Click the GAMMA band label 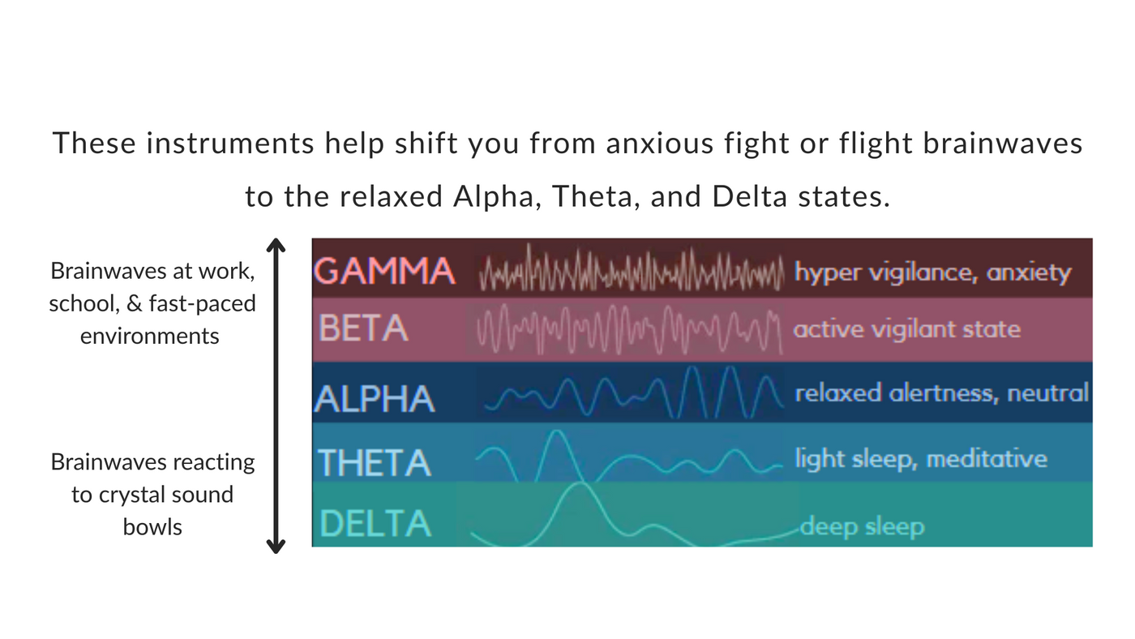point(383,270)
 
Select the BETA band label point(363,328)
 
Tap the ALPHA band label point(375,399)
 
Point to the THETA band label point(374,463)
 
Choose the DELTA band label point(375,523)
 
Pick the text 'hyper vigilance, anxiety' point(932,272)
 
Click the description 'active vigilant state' point(906,329)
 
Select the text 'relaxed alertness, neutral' point(941,393)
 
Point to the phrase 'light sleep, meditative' point(920,459)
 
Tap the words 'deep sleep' point(862,527)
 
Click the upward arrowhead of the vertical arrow point(276,245)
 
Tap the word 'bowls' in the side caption point(152,526)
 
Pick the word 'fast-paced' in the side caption point(202,303)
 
